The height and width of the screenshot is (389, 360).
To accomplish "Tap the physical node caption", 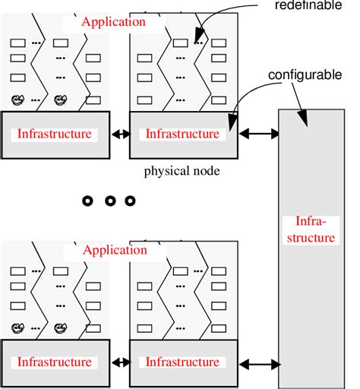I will click(182, 172).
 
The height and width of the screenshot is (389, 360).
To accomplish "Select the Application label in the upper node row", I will click(113, 22).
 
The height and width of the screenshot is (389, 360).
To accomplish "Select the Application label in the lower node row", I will click(113, 250).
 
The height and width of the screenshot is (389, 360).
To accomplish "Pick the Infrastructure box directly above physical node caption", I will click(183, 134).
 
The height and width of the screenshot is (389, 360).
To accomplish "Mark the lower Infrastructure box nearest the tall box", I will click(183, 362).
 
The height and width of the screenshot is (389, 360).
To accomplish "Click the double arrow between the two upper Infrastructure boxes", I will click(120, 134).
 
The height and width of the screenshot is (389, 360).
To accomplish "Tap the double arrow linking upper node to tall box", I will click(258, 134).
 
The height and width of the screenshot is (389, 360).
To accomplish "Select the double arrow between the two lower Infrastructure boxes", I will click(120, 362).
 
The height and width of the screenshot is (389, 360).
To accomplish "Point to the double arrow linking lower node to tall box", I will click(258, 362).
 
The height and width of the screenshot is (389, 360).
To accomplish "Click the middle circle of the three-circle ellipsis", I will click(110, 201).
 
